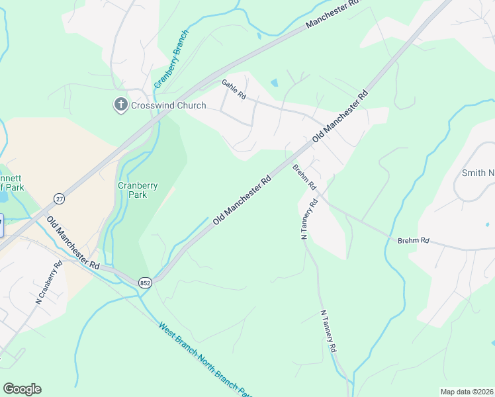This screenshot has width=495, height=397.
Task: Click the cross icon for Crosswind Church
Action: [120, 105]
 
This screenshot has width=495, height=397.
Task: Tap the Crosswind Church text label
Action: [168, 105]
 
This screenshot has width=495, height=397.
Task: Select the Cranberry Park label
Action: [138, 191]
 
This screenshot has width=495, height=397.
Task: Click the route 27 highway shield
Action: [60, 198]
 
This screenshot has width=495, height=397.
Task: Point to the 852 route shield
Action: [146, 283]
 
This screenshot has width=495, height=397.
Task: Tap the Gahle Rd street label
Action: [234, 89]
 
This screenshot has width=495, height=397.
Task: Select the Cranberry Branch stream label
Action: [171, 60]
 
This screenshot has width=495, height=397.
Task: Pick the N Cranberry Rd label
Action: [49, 283]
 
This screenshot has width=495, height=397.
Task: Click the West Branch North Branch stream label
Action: [206, 361]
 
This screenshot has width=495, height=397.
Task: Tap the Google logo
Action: [22, 389]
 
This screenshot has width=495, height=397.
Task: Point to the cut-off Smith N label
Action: [478, 173]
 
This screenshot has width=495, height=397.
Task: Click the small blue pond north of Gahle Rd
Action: [274, 83]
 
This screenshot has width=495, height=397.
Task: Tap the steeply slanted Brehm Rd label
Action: [304, 177]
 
